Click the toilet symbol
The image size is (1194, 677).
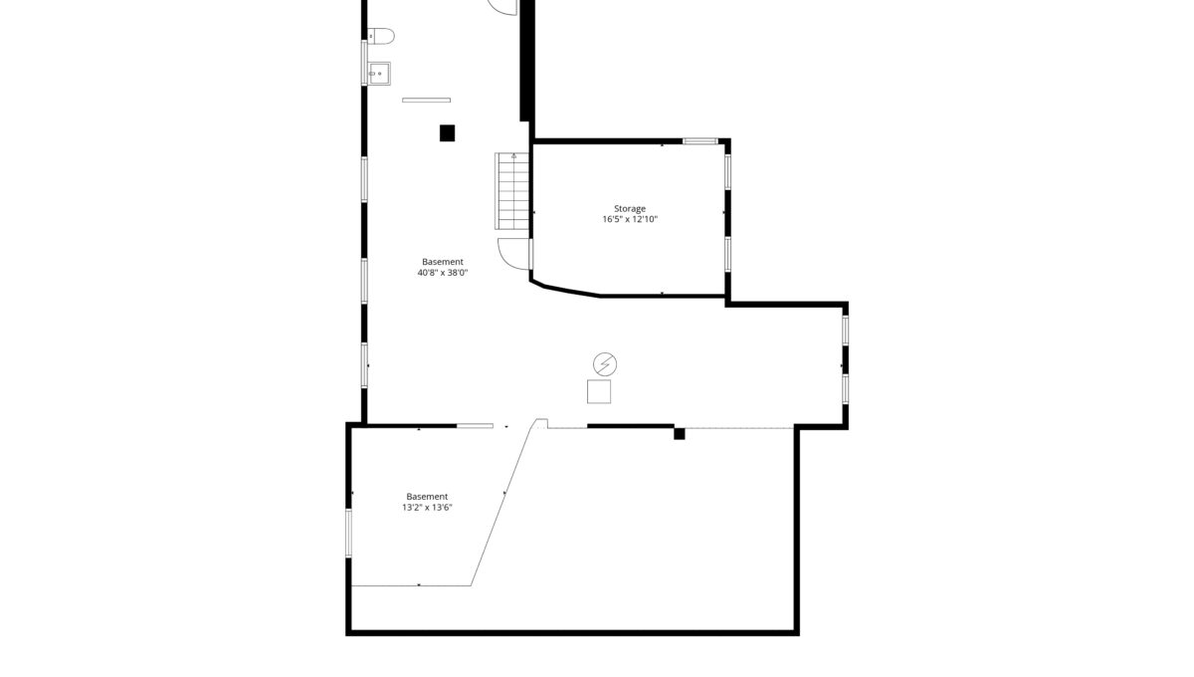coord(380,36)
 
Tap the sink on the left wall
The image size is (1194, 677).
coord(379,74)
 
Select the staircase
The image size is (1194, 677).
coord(512,191)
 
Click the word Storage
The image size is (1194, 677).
coord(630,209)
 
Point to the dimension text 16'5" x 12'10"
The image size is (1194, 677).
coord(630,219)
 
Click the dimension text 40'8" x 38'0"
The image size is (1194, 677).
coord(443,273)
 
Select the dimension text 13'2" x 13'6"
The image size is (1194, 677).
coord(427,508)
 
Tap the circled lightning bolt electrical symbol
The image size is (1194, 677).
coord(605,364)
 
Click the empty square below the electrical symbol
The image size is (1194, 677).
coord(599,391)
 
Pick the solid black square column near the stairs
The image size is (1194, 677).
coord(447,132)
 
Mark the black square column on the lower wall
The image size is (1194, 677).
coord(679,434)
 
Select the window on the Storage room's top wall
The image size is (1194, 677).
coord(700,141)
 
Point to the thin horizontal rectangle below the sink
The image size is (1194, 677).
coord(427,100)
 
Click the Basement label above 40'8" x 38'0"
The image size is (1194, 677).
coord(443,262)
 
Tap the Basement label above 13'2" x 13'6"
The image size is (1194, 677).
coord(427,497)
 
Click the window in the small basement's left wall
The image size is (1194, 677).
coord(348,534)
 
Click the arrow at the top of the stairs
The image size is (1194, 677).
coord(513,155)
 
